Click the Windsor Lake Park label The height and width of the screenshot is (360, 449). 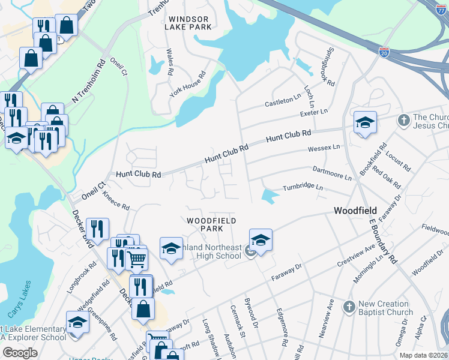coord(189,23)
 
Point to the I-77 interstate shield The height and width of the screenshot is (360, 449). coord(443,5)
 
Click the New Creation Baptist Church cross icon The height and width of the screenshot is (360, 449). coord(349,307)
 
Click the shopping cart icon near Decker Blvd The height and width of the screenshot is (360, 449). coord(137,260)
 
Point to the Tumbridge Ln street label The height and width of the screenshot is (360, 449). coord(303,188)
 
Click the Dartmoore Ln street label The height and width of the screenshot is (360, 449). coord(332,173)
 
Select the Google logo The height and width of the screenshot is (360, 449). coord(19,353)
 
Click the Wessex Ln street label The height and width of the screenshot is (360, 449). coord(323,146)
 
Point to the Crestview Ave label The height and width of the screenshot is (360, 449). coord(356,254)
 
